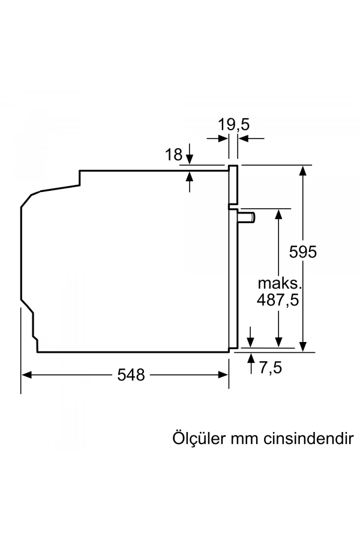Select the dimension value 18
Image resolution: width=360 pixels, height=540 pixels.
173,155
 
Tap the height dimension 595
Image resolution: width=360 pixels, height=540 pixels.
302,252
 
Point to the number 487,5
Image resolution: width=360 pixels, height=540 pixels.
278,300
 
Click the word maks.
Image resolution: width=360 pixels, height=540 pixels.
278,283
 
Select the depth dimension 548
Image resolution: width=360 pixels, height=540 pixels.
131,375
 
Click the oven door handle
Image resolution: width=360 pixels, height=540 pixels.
248,217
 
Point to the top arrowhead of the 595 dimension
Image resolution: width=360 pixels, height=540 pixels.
304,170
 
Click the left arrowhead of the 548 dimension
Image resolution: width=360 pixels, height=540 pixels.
26,374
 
